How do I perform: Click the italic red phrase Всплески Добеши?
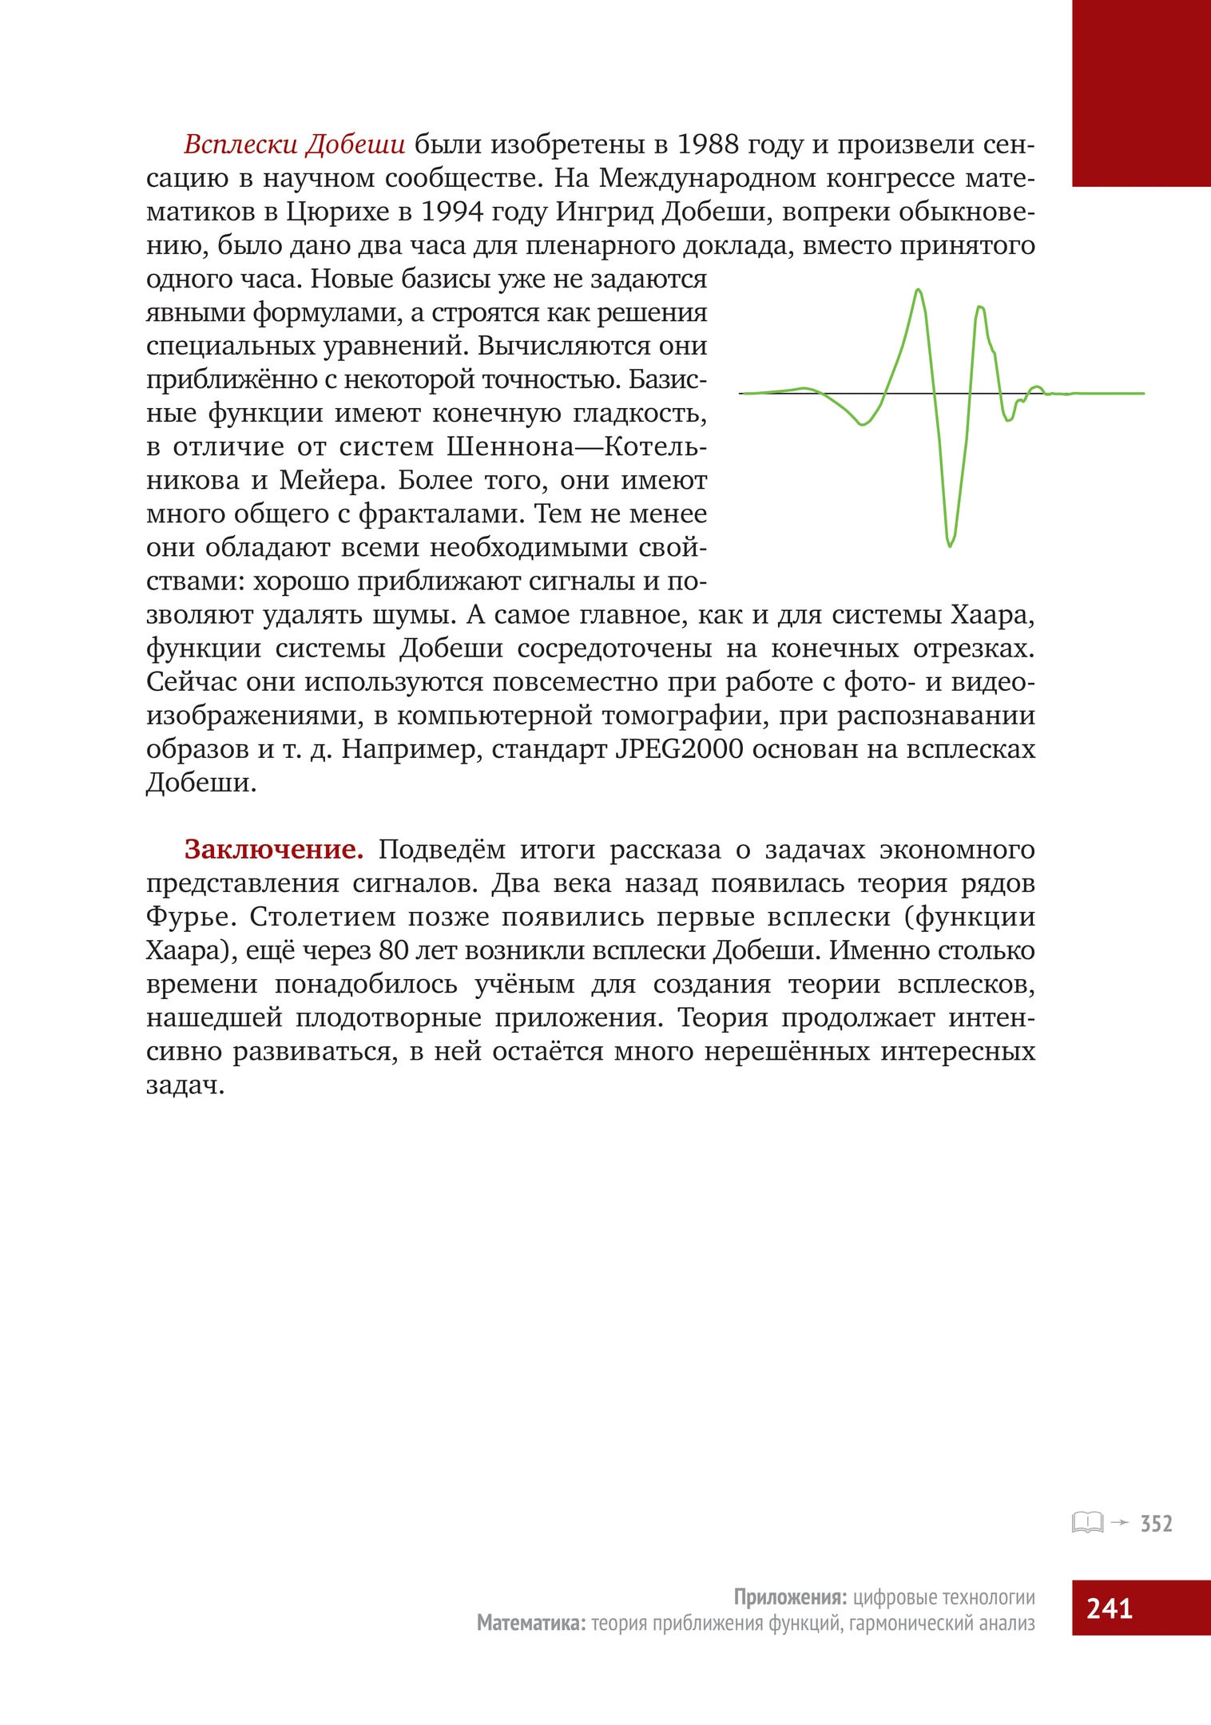(294, 145)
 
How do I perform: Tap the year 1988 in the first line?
(706, 145)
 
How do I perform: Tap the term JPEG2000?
(679, 749)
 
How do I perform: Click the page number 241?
(1110, 1608)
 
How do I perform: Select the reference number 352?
(1156, 1524)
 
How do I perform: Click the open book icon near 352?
(1087, 1522)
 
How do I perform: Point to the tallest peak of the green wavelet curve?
(919, 290)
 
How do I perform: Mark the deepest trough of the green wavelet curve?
(950, 545)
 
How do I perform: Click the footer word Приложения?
(789, 1596)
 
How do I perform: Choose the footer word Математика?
(530, 1622)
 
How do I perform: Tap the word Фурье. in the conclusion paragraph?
(191, 917)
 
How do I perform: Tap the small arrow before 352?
(1120, 1522)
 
